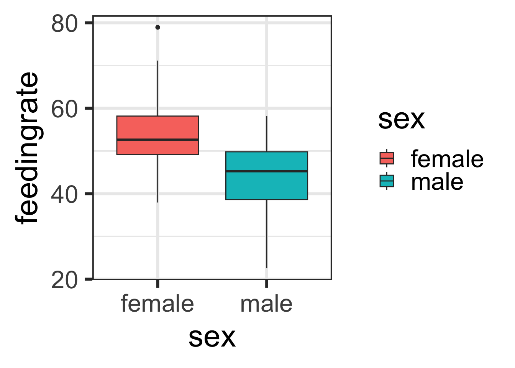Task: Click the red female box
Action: click(x=157, y=128)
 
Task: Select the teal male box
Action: click(x=267, y=186)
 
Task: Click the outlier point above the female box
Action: click(x=157, y=27)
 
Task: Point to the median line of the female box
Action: click(x=157, y=140)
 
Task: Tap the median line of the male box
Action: click(x=267, y=171)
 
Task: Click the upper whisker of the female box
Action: click(x=157, y=88)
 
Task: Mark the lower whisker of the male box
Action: click(x=267, y=234)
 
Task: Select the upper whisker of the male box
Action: click(x=267, y=134)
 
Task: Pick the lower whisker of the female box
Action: click(x=157, y=178)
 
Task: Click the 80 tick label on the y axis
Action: click(x=64, y=24)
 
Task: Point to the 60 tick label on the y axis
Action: click(x=64, y=109)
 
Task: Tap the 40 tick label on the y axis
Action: click(x=64, y=194)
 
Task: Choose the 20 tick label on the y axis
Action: click(x=64, y=280)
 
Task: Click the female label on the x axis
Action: click(x=157, y=304)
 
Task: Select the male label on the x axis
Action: click(x=267, y=304)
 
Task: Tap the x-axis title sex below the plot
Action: click(x=212, y=337)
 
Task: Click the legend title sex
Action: click(x=401, y=119)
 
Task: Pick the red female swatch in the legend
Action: click(x=387, y=158)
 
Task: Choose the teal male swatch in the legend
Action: click(x=387, y=181)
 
